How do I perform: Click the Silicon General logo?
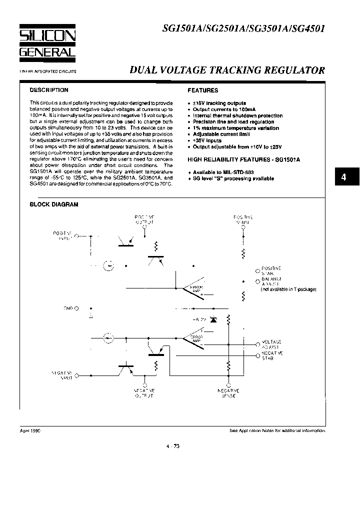point(47,42)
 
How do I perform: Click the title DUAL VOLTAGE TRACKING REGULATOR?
point(227,70)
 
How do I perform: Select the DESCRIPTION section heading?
point(49,90)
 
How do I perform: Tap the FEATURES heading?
point(202,90)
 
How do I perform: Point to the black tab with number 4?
point(343,177)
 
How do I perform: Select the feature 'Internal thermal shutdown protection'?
point(237,115)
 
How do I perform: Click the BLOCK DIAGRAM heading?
point(54,204)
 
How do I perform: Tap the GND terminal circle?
point(76,308)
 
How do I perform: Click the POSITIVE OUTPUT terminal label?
point(144,219)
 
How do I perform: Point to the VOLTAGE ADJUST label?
point(271,343)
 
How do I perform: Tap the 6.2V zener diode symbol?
point(213,318)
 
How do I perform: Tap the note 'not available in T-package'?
point(288,289)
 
